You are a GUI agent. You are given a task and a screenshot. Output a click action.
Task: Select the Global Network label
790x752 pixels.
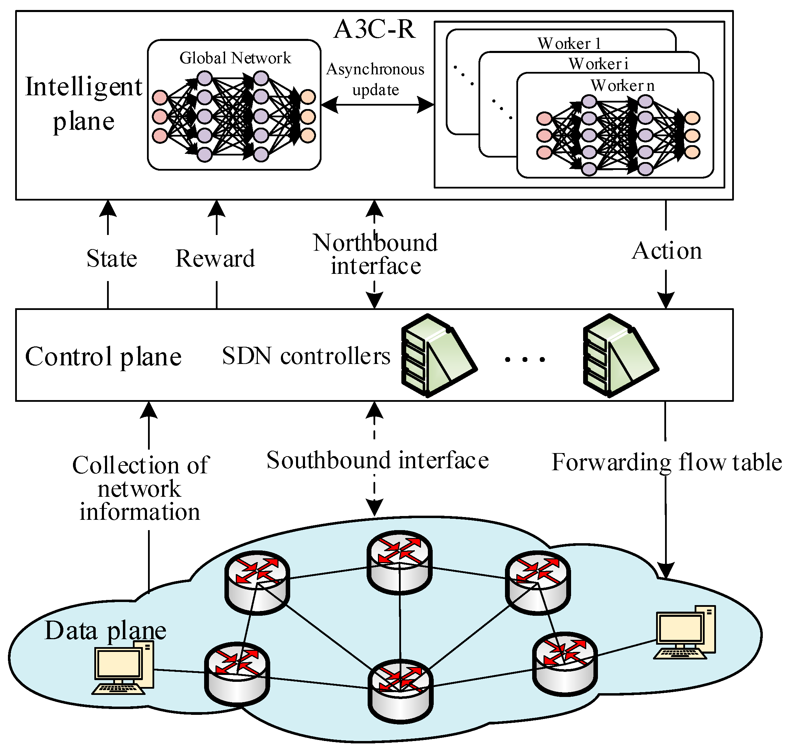(x=235, y=58)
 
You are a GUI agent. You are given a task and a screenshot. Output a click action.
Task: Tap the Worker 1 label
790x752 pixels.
(x=569, y=43)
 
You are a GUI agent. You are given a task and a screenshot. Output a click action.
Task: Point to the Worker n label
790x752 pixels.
(x=622, y=85)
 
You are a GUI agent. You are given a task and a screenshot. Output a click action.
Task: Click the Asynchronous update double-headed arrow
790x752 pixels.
(x=377, y=105)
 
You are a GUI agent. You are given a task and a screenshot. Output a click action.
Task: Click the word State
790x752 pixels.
(x=112, y=259)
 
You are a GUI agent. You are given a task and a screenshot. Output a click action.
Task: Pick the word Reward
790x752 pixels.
(x=215, y=259)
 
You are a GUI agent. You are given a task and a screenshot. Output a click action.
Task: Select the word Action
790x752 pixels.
(x=666, y=251)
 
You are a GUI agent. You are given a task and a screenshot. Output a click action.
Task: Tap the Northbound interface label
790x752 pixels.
(x=375, y=254)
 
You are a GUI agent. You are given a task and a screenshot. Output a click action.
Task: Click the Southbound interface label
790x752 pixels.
(x=377, y=460)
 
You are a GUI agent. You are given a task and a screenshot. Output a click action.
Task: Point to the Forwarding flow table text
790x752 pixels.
(x=666, y=462)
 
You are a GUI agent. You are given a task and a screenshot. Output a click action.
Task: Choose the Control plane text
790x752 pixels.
(x=103, y=356)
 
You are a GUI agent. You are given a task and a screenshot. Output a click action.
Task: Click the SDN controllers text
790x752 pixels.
(x=306, y=356)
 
